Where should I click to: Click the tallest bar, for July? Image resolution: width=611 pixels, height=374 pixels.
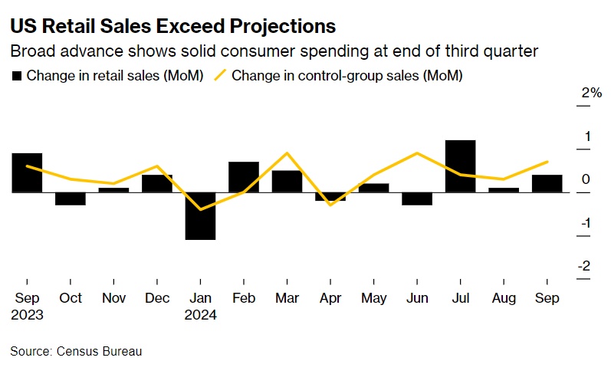[460, 166]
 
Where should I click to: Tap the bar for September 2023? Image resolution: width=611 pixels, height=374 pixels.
[27, 172]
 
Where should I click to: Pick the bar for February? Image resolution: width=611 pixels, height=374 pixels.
[244, 177]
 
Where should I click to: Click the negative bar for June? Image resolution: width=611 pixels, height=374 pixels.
[417, 198]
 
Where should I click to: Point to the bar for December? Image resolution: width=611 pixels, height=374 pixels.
[157, 183]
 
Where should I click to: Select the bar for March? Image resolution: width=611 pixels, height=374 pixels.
[287, 181]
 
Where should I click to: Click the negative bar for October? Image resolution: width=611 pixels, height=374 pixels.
[71, 198]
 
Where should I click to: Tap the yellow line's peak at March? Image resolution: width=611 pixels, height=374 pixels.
[287, 153]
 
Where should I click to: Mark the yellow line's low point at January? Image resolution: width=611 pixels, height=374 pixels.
[200, 209]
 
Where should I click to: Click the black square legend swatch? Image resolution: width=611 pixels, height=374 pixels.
[16, 76]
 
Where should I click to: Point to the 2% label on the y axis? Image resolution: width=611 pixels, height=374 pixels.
[591, 93]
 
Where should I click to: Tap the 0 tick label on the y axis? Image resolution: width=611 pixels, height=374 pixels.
[586, 179]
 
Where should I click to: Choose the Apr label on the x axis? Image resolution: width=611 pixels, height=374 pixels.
[330, 298]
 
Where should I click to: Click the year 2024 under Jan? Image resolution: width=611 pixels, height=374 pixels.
[200, 314]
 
